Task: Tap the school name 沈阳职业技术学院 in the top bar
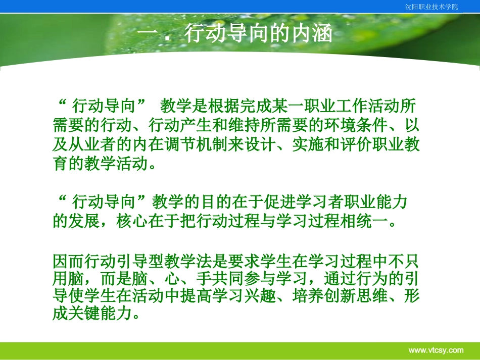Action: [x=431, y=7]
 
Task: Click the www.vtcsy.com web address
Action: [x=436, y=350]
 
